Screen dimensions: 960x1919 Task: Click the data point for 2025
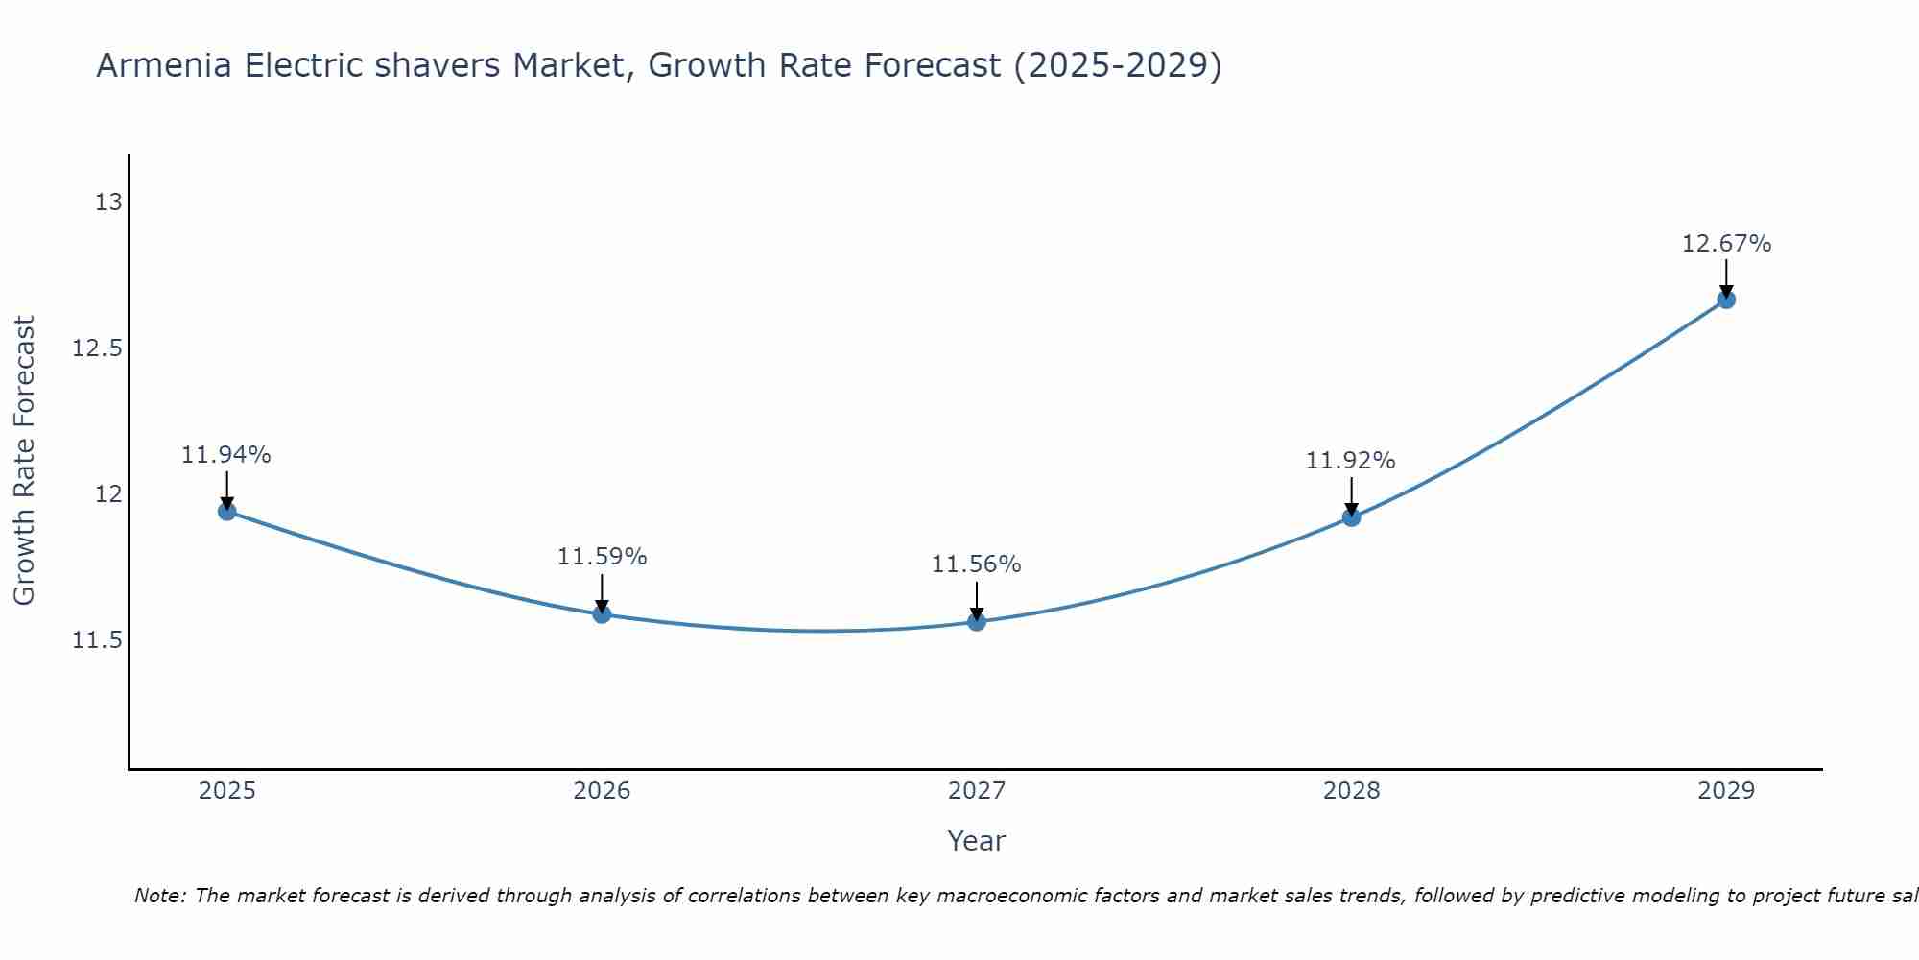click(227, 511)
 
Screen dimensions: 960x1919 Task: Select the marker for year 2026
click(602, 613)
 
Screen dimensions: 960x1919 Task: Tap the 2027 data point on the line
click(977, 621)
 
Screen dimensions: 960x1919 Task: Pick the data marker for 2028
click(1351, 516)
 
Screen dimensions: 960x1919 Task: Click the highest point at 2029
click(1726, 299)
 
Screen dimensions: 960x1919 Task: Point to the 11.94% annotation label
click(226, 455)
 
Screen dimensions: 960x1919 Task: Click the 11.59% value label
click(602, 557)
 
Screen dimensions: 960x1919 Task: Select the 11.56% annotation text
click(976, 564)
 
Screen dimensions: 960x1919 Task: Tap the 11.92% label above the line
click(1350, 461)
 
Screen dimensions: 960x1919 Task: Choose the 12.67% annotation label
click(1726, 244)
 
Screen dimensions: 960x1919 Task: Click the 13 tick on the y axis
click(108, 203)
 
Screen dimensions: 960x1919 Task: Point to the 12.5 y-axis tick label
click(98, 348)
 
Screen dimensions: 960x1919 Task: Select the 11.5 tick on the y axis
click(98, 640)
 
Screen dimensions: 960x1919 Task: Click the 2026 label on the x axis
click(602, 791)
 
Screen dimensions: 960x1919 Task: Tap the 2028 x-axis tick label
click(1351, 791)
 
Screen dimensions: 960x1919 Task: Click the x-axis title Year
click(976, 841)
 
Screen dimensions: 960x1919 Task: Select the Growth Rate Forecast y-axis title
click(24, 461)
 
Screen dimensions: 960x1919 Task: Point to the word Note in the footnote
click(160, 896)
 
